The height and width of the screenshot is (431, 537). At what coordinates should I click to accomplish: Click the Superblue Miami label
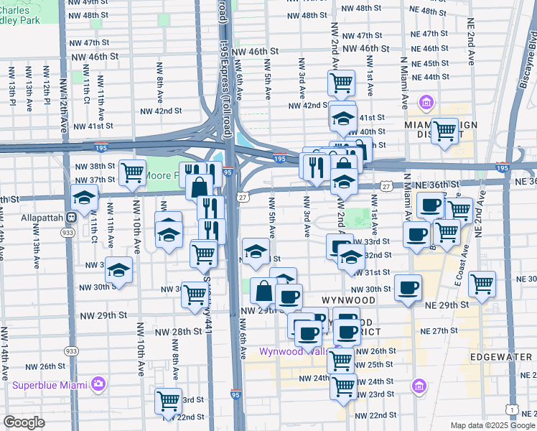pos(49,384)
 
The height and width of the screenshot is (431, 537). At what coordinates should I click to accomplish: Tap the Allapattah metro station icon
pos(71,217)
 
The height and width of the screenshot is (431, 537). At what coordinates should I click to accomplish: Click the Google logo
pos(24,423)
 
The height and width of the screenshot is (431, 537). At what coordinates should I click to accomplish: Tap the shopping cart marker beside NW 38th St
pos(132,172)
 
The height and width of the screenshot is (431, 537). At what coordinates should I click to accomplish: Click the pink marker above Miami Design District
pos(426,103)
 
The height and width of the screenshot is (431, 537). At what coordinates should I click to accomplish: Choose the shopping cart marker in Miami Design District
pos(445,131)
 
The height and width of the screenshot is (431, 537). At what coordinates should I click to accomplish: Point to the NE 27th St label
pos(439,331)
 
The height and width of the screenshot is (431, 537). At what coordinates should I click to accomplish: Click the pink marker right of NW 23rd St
pos(419,387)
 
